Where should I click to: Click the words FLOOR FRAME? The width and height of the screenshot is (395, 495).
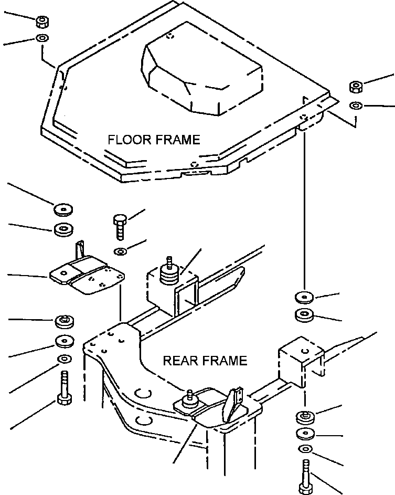(154, 140)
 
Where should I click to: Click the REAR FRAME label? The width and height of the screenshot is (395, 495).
(205, 361)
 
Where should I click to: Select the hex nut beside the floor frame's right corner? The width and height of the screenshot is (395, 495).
(356, 87)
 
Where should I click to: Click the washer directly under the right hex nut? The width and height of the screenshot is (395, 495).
(356, 106)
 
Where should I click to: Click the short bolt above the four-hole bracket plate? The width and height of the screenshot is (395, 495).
(119, 226)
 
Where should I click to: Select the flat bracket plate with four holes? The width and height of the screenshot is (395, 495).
(87, 275)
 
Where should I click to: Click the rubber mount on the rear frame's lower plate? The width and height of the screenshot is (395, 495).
(189, 402)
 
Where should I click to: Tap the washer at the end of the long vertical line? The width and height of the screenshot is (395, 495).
(304, 298)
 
